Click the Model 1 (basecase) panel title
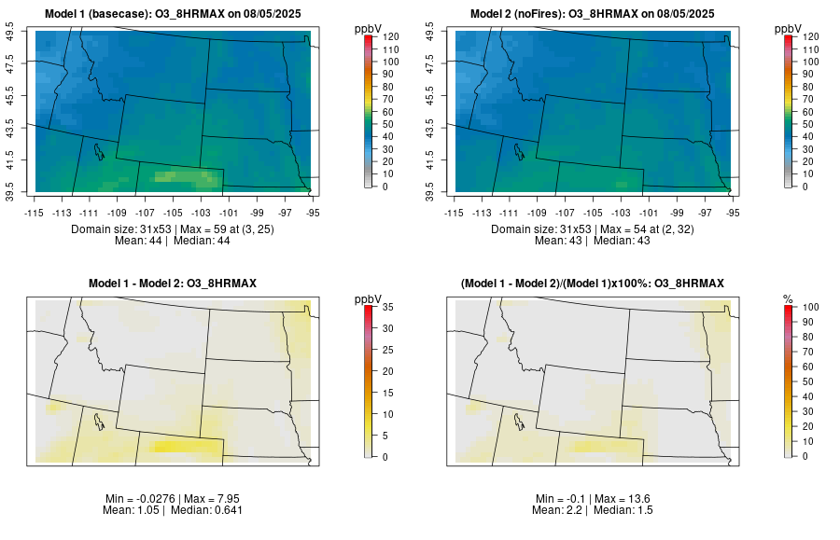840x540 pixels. tap(177, 14)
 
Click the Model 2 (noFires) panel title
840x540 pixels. tap(596, 14)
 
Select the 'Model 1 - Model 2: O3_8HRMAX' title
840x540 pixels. tap(177, 284)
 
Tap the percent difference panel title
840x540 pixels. tap(596, 284)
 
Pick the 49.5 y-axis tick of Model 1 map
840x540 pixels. tap(11, 35)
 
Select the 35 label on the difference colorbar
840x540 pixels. tap(386, 307)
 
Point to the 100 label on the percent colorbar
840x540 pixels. tap(807, 307)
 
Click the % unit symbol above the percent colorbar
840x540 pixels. tap(788, 298)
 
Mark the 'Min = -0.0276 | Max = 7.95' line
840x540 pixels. tap(177, 499)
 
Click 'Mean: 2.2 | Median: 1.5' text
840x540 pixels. tap(596, 510)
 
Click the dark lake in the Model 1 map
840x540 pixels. tap(96, 149)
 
